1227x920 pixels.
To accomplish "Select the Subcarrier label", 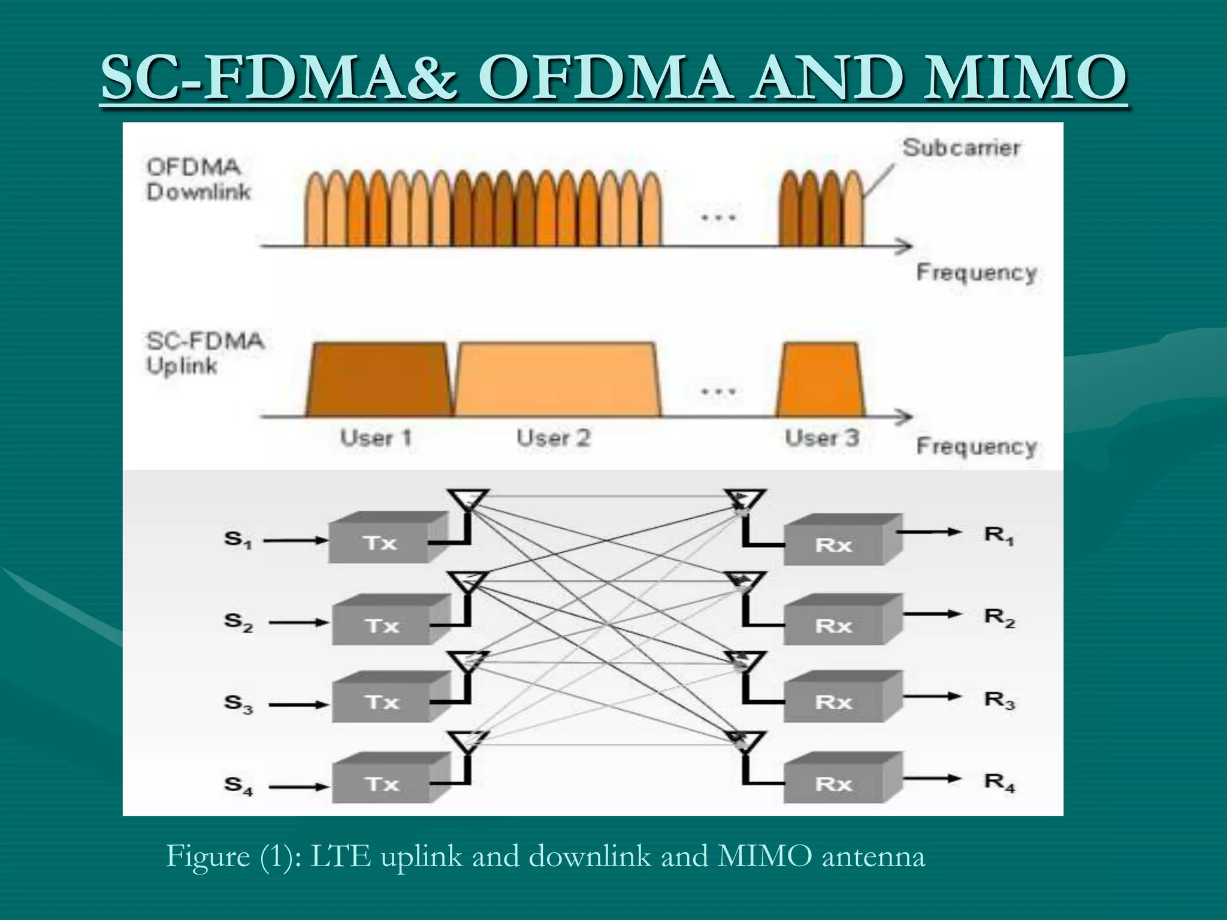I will click(x=961, y=147).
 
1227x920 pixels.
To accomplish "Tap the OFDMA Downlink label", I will click(x=199, y=180).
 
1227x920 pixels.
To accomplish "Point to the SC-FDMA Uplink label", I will click(x=205, y=353).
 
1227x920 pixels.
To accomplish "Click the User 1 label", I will click(x=376, y=438).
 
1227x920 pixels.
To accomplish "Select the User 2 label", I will click(x=554, y=438).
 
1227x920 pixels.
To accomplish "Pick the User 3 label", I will click(x=822, y=438).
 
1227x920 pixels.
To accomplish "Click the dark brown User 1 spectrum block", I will click(x=379, y=380).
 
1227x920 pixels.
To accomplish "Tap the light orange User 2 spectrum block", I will click(x=557, y=380).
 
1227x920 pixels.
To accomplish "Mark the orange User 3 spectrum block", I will click(x=821, y=380).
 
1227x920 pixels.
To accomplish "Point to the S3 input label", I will click(x=238, y=703).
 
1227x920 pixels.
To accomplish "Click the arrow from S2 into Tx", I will click(x=298, y=623).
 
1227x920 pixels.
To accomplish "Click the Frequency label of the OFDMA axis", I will click(x=976, y=273).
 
